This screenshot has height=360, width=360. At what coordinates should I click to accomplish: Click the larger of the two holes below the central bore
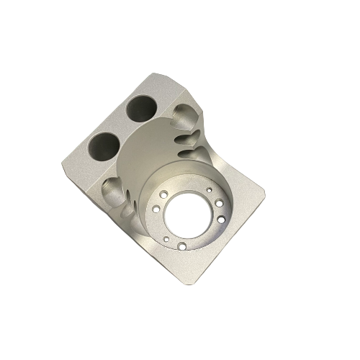click(x=181, y=246)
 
